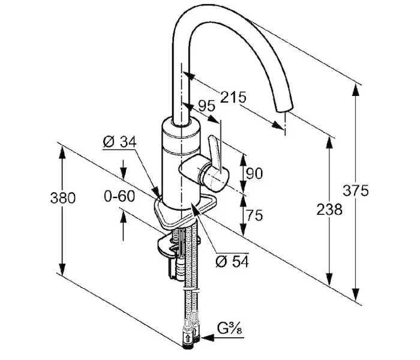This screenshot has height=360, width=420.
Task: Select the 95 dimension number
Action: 206,107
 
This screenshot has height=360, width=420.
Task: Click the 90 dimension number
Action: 255,174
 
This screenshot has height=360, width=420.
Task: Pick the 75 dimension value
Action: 255,215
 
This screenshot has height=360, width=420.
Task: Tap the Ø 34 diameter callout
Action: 120,142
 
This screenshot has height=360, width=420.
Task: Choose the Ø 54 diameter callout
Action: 232,262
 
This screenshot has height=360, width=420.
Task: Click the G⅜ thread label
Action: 229,329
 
